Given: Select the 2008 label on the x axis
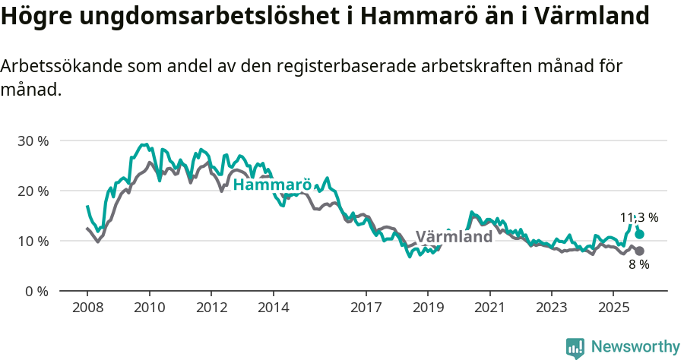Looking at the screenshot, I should pyautogui.click(x=87, y=308).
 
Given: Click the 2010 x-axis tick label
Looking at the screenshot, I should pyautogui.click(x=149, y=308).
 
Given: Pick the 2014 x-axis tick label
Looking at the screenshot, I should pyautogui.click(x=273, y=308).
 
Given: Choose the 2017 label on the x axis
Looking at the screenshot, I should pyautogui.click(x=366, y=308).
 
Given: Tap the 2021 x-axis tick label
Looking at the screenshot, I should pyautogui.click(x=489, y=308).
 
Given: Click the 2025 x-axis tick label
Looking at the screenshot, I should pyautogui.click(x=613, y=308).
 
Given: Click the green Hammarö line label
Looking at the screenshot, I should pyautogui.click(x=272, y=185).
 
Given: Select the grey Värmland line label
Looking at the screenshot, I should pyautogui.click(x=454, y=237).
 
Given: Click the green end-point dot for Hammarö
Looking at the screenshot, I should pyautogui.click(x=639, y=235).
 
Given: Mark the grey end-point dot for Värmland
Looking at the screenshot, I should pyautogui.click(x=639, y=251).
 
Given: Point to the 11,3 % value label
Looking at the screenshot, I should pyautogui.click(x=638, y=217).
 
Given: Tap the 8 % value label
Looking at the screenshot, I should pyautogui.click(x=638, y=265).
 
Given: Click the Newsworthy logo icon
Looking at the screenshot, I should pyautogui.click(x=575, y=347).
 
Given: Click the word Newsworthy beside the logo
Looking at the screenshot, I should pyautogui.click(x=635, y=347).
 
